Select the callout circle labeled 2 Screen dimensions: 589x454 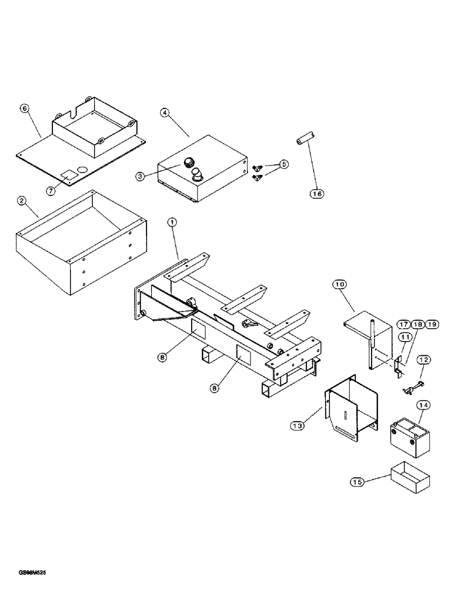(x=21, y=201)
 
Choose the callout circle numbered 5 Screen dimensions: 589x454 (x=285, y=164)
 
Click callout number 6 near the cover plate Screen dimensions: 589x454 (x=24, y=108)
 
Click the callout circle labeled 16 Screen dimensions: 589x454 (x=318, y=192)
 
